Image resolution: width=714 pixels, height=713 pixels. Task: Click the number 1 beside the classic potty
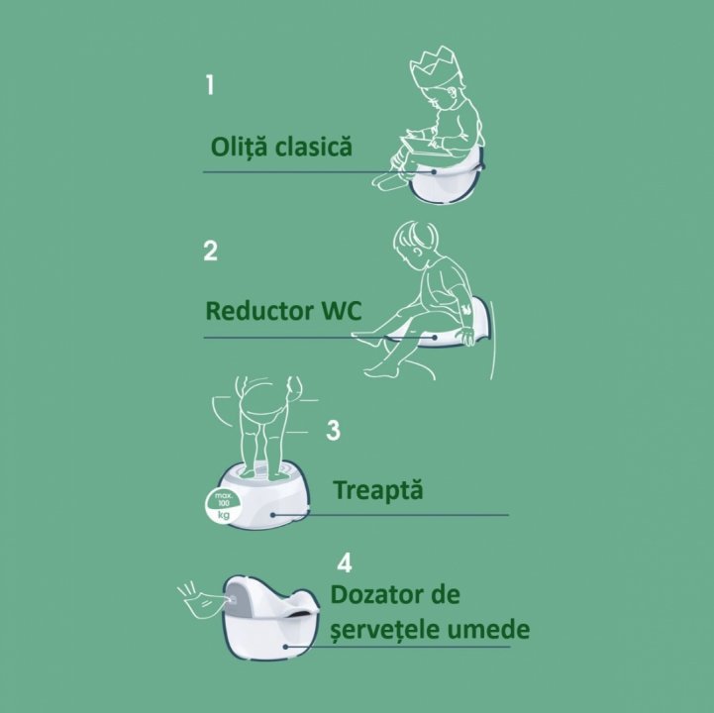tap(210, 85)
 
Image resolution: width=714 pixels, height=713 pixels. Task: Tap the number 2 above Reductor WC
tap(210, 251)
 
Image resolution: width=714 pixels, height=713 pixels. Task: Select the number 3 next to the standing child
tap(334, 430)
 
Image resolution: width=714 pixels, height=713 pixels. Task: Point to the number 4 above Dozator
tap(345, 562)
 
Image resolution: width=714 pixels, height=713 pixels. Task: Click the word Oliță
tap(239, 148)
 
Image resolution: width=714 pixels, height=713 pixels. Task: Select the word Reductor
tap(259, 311)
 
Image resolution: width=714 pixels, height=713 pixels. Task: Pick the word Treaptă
tap(378, 490)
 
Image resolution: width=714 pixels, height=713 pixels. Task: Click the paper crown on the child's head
tap(430, 68)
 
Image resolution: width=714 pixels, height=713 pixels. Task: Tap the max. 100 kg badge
tap(223, 505)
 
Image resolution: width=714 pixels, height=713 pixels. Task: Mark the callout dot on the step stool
tap(272, 515)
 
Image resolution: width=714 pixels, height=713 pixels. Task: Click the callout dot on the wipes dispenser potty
tap(285, 647)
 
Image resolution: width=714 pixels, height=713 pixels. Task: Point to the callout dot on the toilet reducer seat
tap(436, 338)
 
